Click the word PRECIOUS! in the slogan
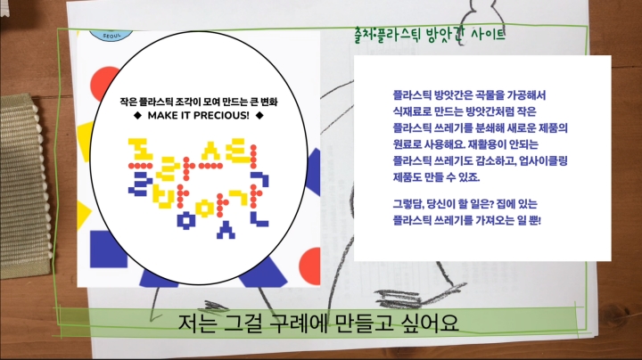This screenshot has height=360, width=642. coord(218,116)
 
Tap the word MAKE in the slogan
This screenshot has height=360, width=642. coord(160,116)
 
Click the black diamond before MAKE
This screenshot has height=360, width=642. coord(136,116)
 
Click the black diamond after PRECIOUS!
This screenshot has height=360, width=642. coord(259,116)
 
